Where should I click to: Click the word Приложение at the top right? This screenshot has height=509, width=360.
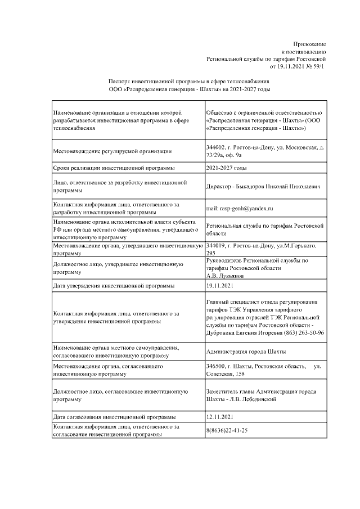tap(309, 44)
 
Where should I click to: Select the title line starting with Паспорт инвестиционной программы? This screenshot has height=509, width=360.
tap(189, 82)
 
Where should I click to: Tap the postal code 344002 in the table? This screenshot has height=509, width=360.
tap(217, 147)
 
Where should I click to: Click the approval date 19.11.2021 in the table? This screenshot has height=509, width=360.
tap(220, 286)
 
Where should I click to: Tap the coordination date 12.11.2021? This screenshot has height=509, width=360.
tap(220, 417)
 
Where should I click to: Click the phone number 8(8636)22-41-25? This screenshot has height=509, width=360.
tap(227, 430)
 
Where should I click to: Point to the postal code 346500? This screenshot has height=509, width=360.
tap(217, 366)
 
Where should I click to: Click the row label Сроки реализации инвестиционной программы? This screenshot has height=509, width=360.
tap(113, 168)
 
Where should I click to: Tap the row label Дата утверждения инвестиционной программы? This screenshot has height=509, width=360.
tap(113, 286)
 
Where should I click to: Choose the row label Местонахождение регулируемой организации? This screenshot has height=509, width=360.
tap(112, 151)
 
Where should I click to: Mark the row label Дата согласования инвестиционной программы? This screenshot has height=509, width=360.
tap(114, 417)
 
